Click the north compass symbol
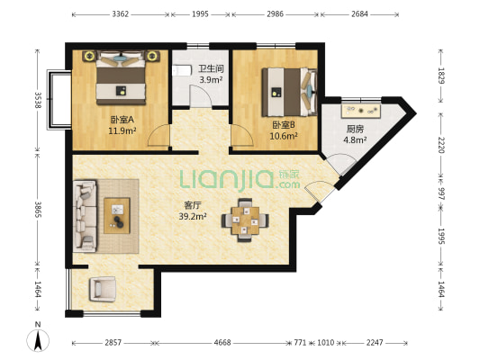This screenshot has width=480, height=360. (38, 340)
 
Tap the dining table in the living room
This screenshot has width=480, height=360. (245, 220)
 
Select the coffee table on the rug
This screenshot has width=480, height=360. (117, 216)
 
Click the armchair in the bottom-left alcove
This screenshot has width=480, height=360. (103, 289)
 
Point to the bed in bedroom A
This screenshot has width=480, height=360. (121, 78)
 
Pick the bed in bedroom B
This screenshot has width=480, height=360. (289, 92)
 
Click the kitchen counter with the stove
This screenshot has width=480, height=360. (361, 111)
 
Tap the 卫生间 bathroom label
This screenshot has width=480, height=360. (211, 68)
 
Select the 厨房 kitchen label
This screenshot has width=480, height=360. (355, 129)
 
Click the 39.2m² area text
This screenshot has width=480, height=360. (193, 216)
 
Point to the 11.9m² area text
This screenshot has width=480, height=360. (122, 130)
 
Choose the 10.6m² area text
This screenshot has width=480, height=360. (284, 136)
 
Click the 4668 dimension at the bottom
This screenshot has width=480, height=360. (222, 343)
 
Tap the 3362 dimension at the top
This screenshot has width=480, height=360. (120, 14)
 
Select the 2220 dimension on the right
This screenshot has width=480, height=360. (440, 145)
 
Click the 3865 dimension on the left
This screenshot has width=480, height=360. (38, 209)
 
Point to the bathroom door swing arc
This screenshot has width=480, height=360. (201, 95)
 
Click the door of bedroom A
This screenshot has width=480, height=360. (158, 135)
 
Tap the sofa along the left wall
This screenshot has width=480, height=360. (85, 216)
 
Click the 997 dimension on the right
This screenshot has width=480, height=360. (440, 193)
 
